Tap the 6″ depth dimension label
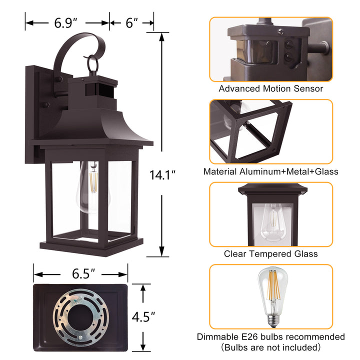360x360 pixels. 132,23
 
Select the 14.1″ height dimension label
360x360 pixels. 163,175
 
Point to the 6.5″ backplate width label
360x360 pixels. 80,273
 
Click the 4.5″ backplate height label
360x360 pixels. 143,316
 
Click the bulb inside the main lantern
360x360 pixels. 92,187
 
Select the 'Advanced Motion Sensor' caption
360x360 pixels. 270,88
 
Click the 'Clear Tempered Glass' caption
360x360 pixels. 270,254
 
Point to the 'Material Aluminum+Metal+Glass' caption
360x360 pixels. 270,171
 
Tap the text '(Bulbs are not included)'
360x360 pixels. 270,347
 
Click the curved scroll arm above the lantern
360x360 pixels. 75,50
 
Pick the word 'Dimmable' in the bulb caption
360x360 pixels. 215,337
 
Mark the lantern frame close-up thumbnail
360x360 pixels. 270,131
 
